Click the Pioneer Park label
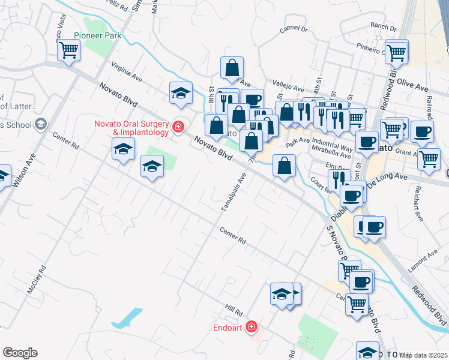pyautogui.click(x=98, y=35)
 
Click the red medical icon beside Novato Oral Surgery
pyautogui.click(x=178, y=127)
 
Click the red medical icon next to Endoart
pyautogui.click(x=252, y=328)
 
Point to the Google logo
pyautogui.click(x=20, y=353)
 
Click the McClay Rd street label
pyautogui.click(x=37, y=279)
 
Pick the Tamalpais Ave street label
pyautogui.click(x=234, y=192)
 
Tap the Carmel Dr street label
pyautogui.click(x=294, y=28)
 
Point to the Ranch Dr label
pyautogui.click(x=381, y=25)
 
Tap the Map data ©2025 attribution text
pyautogui.click(x=423, y=355)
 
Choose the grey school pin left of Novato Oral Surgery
pyautogui.click(x=41, y=125)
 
